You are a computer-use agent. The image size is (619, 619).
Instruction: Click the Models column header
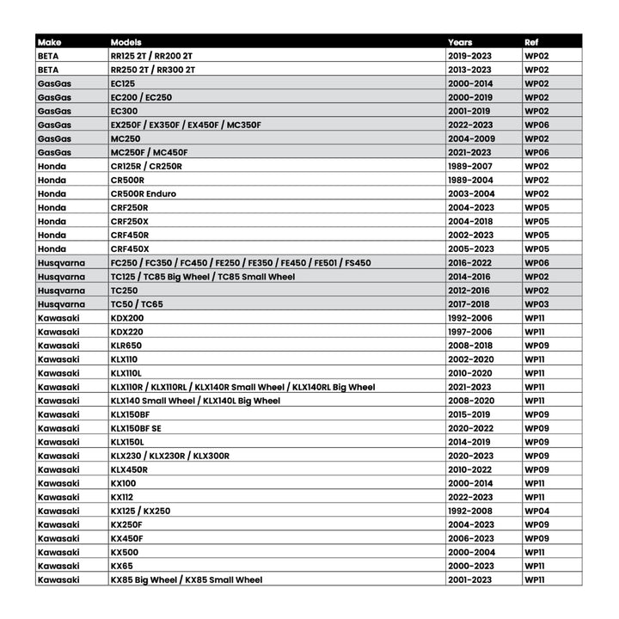point(126,41)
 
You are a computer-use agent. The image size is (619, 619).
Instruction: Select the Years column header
point(460,41)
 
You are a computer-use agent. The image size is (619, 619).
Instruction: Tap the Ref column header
point(532,41)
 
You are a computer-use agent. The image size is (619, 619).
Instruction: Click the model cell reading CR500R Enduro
point(144,193)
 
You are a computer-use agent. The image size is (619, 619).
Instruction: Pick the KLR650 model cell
point(127,346)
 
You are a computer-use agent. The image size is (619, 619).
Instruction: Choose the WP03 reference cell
point(536,304)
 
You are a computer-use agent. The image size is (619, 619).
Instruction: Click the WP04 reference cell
point(536,511)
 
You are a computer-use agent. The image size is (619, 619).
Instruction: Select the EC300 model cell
point(124,111)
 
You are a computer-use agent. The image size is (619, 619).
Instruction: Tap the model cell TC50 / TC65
point(137,304)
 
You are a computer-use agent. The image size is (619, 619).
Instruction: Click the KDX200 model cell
point(127,318)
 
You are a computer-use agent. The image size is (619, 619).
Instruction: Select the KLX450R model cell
point(129,469)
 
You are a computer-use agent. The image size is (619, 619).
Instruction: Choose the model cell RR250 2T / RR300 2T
point(153,70)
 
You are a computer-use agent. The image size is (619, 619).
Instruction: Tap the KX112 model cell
point(123,497)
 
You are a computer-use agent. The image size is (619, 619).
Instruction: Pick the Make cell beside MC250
point(54,138)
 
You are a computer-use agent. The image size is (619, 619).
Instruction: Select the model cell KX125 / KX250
point(140,511)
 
